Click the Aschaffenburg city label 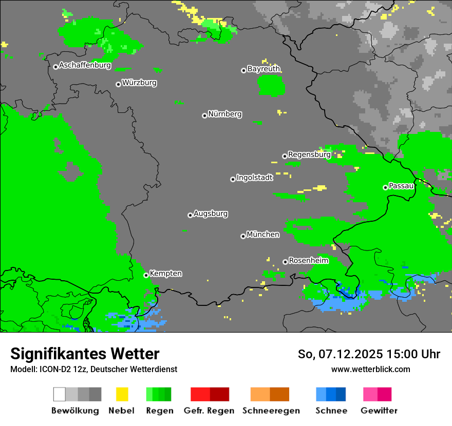(85, 66)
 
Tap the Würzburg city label (139, 83)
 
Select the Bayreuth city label (263, 69)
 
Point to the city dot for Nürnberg (204, 115)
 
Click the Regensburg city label (309, 154)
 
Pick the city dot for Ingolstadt (233, 179)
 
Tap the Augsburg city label (211, 214)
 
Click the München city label (263, 235)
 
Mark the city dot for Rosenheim (285, 262)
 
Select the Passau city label (401, 186)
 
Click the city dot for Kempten (146, 275)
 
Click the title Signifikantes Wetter (85, 354)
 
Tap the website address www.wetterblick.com (370, 369)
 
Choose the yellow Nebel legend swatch (122, 394)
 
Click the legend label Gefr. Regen (209, 411)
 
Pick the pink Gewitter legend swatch (370, 394)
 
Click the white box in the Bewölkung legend (60, 394)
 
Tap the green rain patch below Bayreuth (271, 85)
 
